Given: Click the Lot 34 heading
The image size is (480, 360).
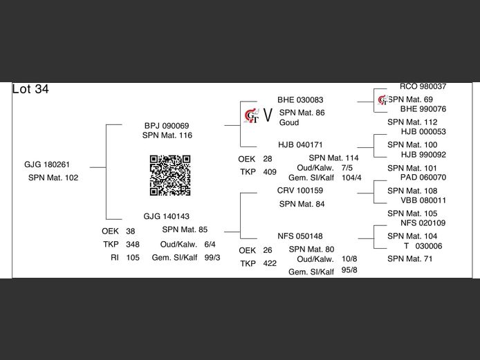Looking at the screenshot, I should point(30,89).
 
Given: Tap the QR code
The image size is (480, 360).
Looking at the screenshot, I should point(170,175).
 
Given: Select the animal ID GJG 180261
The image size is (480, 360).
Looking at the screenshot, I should point(47,164).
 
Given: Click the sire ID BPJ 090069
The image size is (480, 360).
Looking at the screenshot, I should point(167,126).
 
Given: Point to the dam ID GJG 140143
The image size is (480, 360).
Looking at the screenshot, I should point(167,216).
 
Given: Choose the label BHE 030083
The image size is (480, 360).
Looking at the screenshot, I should point(300,100).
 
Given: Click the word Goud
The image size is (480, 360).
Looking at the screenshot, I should point(289,122).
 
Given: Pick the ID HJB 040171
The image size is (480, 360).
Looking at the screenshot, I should point(300,145).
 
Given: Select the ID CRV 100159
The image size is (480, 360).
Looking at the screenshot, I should point(300,191).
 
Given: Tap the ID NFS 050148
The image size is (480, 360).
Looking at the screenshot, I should point(300,236).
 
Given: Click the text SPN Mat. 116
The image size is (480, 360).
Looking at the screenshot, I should point(167,135).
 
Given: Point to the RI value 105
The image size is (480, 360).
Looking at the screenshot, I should point(133,257).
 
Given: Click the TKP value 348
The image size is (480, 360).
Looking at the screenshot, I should point(133,244).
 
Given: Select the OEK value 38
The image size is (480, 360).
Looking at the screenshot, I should point(131,231).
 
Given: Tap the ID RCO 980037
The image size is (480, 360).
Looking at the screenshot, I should point(423,87).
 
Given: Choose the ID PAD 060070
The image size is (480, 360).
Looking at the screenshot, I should point(423,178).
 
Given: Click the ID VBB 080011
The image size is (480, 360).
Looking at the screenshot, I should point(423,200).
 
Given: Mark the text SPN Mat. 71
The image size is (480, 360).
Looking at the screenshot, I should point(410,258).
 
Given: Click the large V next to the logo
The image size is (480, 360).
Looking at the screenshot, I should point(268,113).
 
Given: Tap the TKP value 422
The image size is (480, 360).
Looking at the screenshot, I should point(270,263).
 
